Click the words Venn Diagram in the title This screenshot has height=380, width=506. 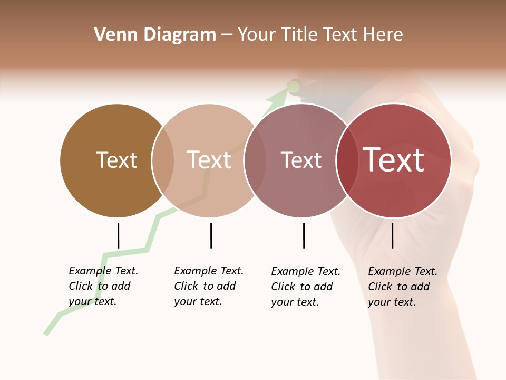coord(155,35)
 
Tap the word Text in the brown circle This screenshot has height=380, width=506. coord(117,160)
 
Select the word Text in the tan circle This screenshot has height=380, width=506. coord(209,160)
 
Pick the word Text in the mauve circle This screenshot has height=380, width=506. coord(301,160)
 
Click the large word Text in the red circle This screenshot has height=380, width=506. coord(394,160)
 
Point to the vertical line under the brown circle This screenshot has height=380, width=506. coord(118,235)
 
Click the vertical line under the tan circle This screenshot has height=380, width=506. coord(211,235)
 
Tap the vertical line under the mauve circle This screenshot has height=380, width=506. coord(304,235)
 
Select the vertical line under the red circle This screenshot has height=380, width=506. coord(392,235)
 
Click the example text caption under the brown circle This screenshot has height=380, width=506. coord(103,286)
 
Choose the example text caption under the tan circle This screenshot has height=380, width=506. coord(209,286)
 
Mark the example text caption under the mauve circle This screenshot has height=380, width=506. coord(306,287)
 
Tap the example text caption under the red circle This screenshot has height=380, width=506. coord(403,287)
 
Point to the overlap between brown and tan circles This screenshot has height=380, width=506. coord(163,160)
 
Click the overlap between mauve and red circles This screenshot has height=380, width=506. coord(347,160)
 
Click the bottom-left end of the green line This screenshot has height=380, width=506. coord(46,332)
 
